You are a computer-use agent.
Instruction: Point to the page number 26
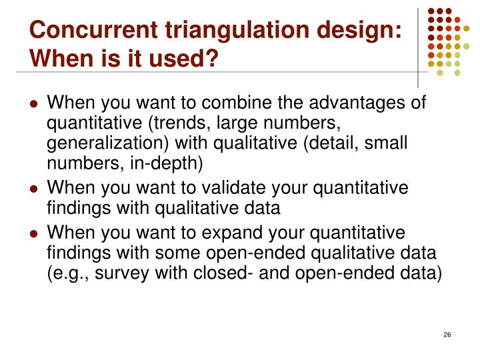coord(447,334)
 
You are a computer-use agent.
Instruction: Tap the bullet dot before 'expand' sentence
coord(33,233)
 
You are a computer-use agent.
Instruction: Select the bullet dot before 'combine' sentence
coord(33,104)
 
